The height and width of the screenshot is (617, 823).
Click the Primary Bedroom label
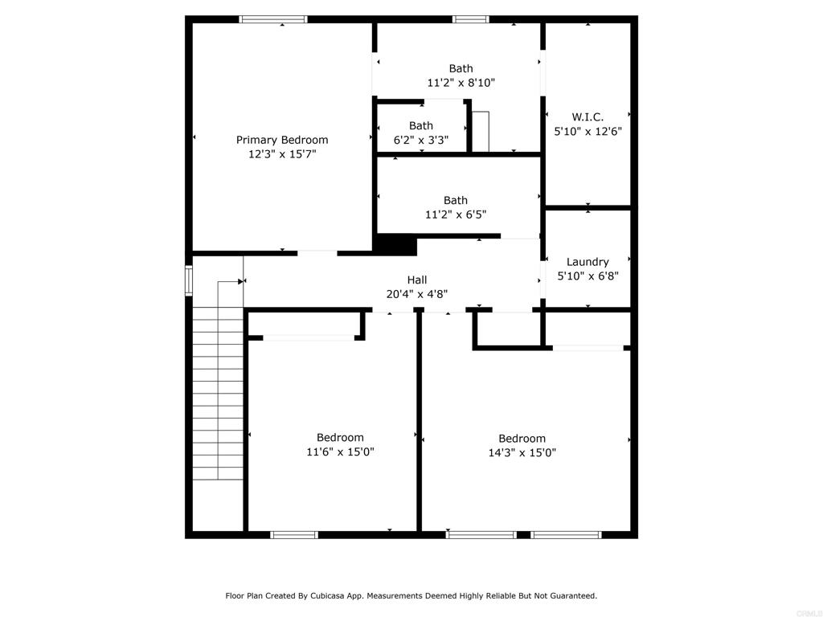282,140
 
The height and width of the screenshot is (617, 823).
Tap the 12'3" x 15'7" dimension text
282,154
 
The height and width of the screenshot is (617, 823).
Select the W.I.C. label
588,117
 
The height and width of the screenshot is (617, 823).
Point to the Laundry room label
588,262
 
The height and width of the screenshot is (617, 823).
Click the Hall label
417,280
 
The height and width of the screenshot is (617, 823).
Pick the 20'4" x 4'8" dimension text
417,294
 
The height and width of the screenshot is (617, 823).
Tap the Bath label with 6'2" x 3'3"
421,126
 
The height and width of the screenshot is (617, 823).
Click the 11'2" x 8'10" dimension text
461,83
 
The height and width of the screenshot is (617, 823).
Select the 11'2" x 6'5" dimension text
456,215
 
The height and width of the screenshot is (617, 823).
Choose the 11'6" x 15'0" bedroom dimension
340,452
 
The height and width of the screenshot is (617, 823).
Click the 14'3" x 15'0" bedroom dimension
522,453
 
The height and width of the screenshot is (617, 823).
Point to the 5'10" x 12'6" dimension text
588,131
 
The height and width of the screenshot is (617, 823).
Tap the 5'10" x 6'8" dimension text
588,276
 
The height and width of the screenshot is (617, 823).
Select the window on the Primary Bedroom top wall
273,19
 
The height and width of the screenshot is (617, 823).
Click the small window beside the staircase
189,280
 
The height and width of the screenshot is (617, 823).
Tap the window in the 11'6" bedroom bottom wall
294,535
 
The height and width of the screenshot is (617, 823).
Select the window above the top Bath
471,19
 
